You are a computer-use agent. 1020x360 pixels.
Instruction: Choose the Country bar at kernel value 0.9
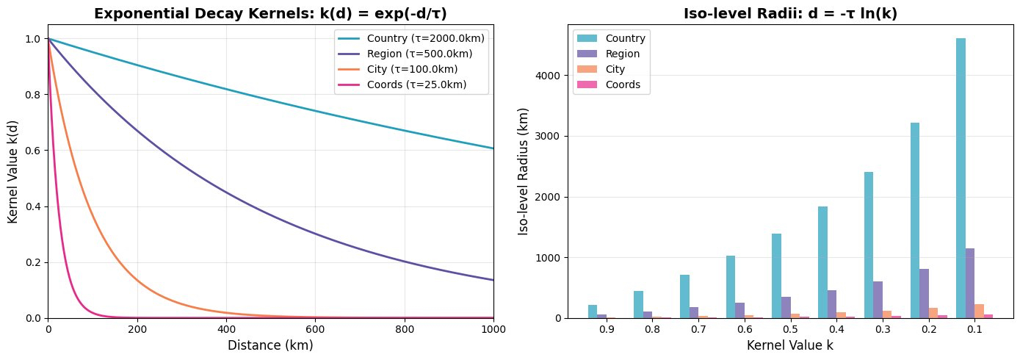click(593, 312)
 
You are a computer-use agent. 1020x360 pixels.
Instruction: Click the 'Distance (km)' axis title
click(270, 345)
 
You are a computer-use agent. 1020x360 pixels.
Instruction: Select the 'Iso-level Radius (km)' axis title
click(524, 171)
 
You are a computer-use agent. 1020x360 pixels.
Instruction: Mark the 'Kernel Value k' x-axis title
click(789, 345)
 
